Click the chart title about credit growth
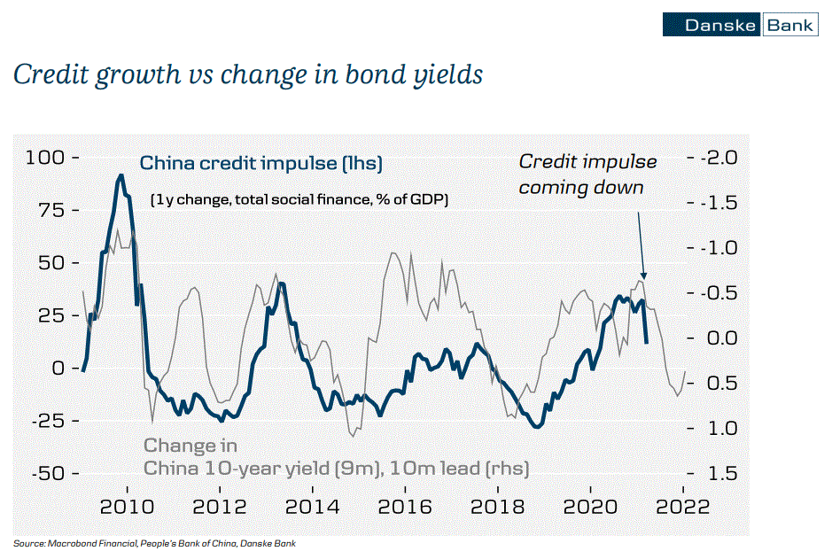(x=248, y=75)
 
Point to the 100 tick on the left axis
(x=46, y=158)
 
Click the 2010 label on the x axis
(x=127, y=508)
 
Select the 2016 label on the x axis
(x=404, y=508)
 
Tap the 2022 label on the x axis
(x=682, y=508)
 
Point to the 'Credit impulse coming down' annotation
(x=587, y=175)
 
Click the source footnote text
(x=154, y=543)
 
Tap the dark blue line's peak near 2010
(x=120, y=175)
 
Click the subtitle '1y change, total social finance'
(x=299, y=199)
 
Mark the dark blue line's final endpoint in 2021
(x=646, y=343)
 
